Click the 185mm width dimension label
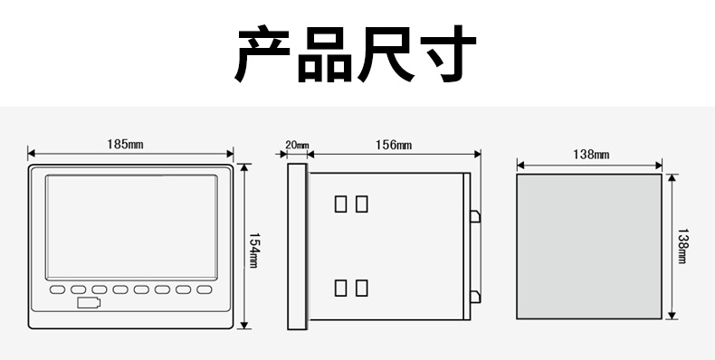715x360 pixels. [125, 145]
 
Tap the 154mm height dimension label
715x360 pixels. [253, 251]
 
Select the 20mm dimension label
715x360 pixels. [297, 146]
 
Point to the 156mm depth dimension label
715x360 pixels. [394, 145]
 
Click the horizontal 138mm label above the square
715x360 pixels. [591, 155]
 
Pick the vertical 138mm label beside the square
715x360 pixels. [682, 246]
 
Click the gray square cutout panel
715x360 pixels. [589, 247]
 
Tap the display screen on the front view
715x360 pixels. [131, 227]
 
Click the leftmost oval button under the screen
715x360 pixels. [57, 289]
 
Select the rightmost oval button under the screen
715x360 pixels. [205, 289]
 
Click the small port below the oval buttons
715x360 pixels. [89, 303]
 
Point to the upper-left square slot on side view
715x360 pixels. [340, 204]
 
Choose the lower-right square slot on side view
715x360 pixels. [362, 288]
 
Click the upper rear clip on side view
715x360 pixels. [475, 216]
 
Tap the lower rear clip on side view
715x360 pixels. [475, 297]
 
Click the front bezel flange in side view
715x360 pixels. [297, 247]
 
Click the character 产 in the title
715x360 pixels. [262, 53]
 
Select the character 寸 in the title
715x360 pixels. [449, 53]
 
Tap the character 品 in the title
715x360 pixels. [325, 54]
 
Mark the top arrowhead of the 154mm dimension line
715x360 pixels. [244, 167]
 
